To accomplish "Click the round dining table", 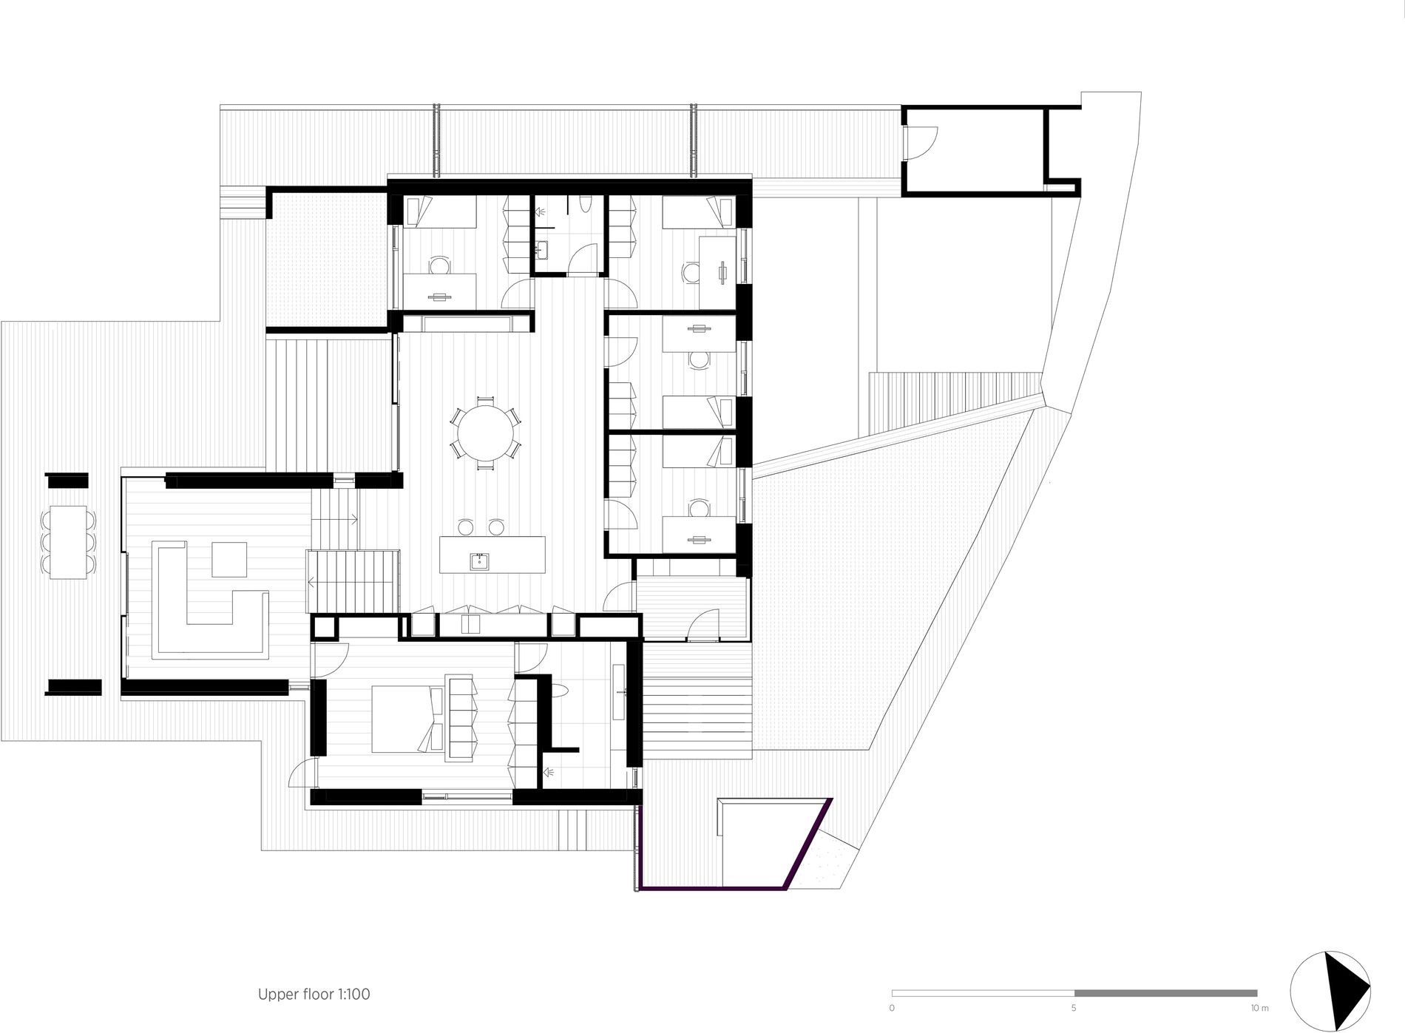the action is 485,431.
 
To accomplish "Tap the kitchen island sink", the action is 480,561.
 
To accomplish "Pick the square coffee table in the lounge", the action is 229,559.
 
